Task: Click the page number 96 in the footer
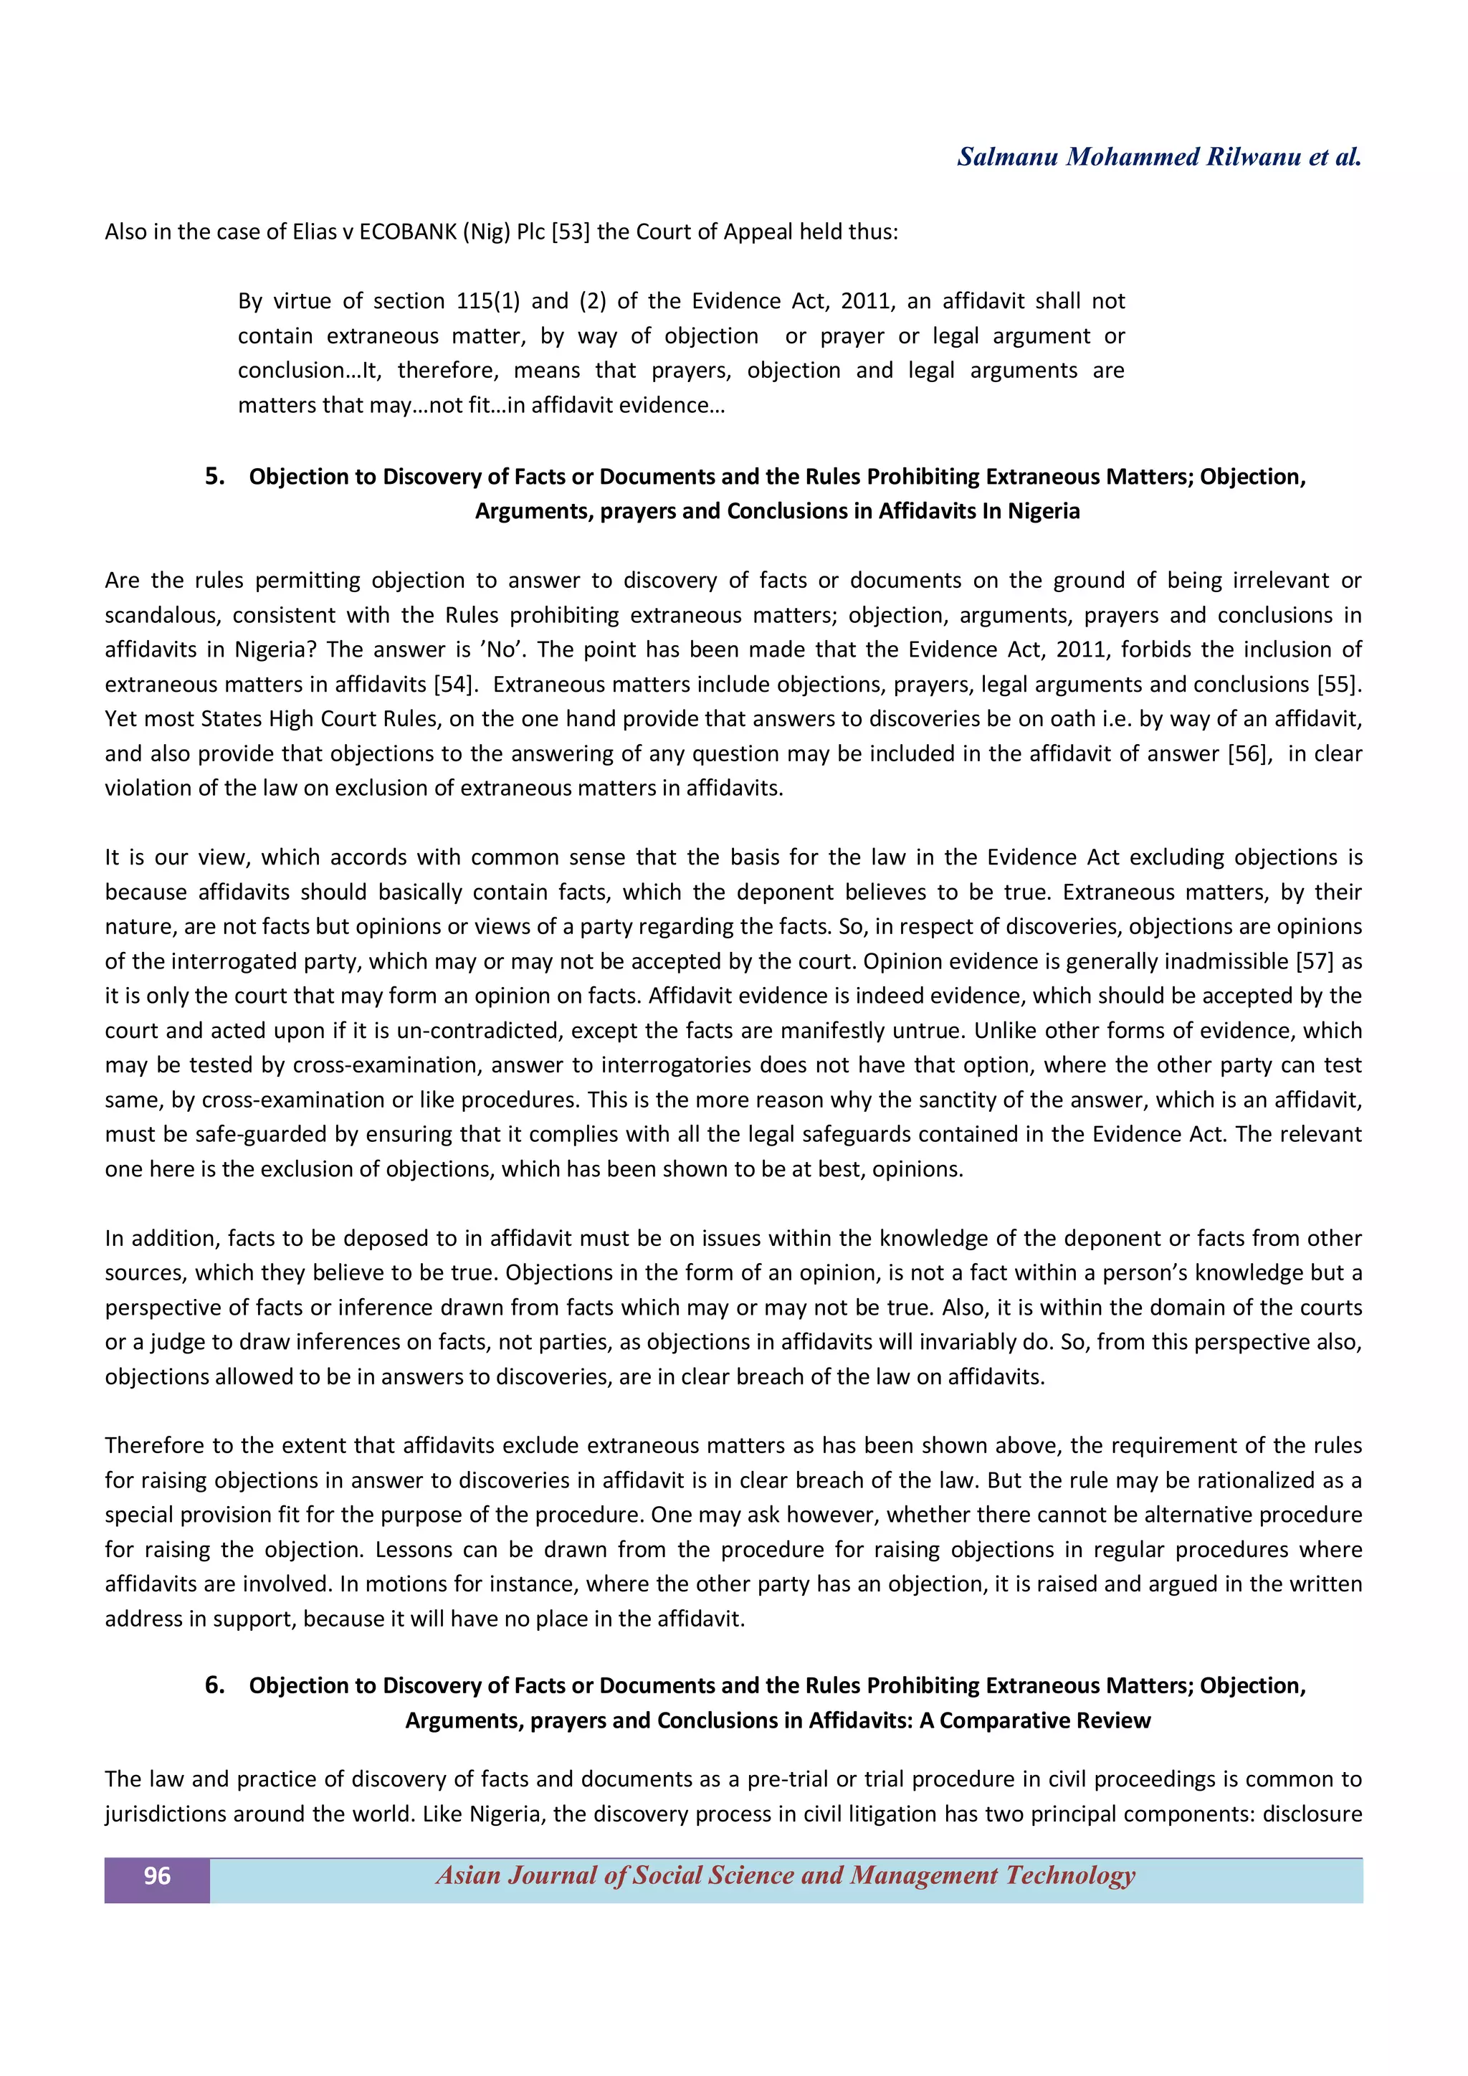(156, 1875)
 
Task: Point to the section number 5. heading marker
(214, 477)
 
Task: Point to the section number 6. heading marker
(214, 1685)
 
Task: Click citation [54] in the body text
(454, 685)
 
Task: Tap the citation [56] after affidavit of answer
(1249, 754)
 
